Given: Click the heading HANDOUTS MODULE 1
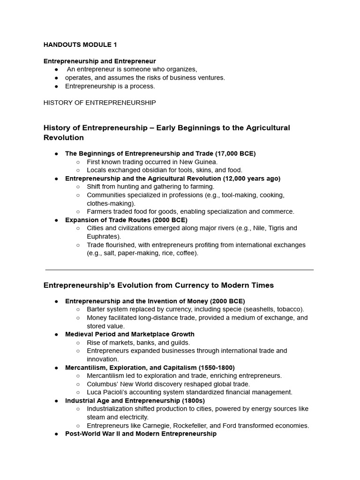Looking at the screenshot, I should pyautogui.click(x=80, y=45).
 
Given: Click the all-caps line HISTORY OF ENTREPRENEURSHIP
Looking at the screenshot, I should pyautogui.click(x=99, y=103).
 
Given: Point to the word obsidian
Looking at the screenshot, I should pyautogui.click(x=147, y=170).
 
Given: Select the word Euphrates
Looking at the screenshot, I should pyautogui.click(x=103, y=237).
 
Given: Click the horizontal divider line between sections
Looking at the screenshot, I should pyautogui.click(x=180, y=270).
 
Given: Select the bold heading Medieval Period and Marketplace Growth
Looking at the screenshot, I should pyautogui.click(x=129, y=334).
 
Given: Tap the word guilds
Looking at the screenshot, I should pyautogui.click(x=179, y=343).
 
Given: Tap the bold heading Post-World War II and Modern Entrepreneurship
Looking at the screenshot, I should pyautogui.click(x=141, y=434).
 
